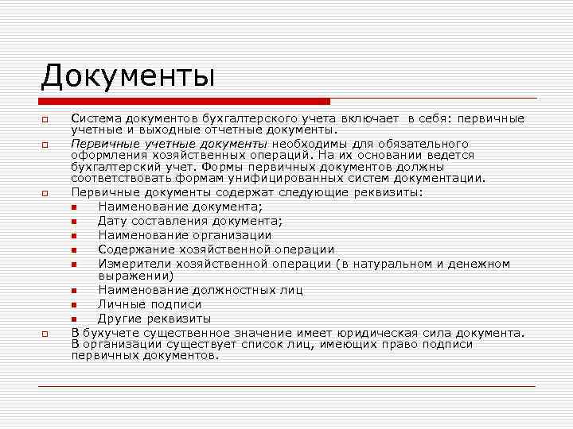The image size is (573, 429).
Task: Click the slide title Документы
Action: click(x=128, y=77)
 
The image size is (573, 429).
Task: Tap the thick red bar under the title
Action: click(x=185, y=102)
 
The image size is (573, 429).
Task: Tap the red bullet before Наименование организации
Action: click(x=73, y=236)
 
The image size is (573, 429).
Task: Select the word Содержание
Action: click(x=134, y=249)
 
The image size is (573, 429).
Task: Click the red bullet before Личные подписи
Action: click(x=73, y=305)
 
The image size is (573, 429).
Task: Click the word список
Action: click(x=269, y=344)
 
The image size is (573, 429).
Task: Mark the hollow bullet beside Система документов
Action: click(x=45, y=120)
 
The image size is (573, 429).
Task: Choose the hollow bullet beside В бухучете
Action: click(x=45, y=334)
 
